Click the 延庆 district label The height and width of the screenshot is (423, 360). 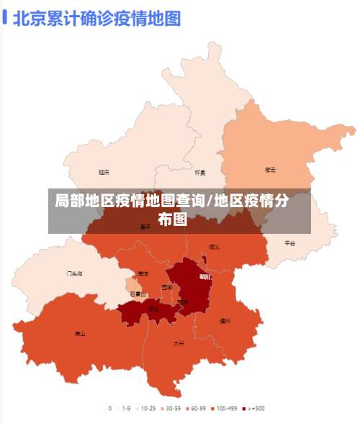tap(104, 172)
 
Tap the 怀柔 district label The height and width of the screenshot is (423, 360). tap(199, 173)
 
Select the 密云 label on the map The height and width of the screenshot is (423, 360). tap(270, 170)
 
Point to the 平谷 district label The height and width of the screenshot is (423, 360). tap(289, 243)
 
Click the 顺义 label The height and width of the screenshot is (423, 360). tap(214, 247)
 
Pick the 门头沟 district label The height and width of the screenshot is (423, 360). tap(74, 273)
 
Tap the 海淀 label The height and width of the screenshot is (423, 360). tap(143, 274)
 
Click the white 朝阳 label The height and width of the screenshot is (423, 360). tap(205, 276)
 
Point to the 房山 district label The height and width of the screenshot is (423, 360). tap(80, 333)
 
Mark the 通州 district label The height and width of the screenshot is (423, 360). tap(225, 321)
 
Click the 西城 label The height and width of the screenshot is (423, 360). tap(167, 288)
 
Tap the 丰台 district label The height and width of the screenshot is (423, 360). tap(153, 309)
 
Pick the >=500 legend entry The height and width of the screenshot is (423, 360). tap(253, 408)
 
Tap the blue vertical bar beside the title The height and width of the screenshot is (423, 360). tap(5, 17)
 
